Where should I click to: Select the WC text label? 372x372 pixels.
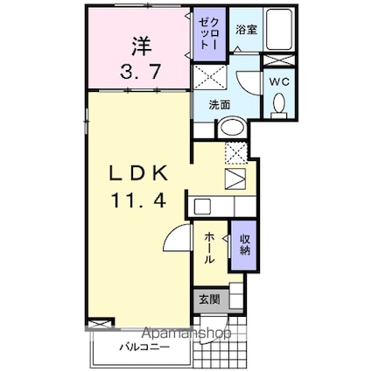pyautogui.click(x=280, y=81)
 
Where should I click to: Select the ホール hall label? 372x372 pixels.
pyautogui.click(x=210, y=249)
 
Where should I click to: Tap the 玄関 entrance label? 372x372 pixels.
pyautogui.click(x=207, y=299)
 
